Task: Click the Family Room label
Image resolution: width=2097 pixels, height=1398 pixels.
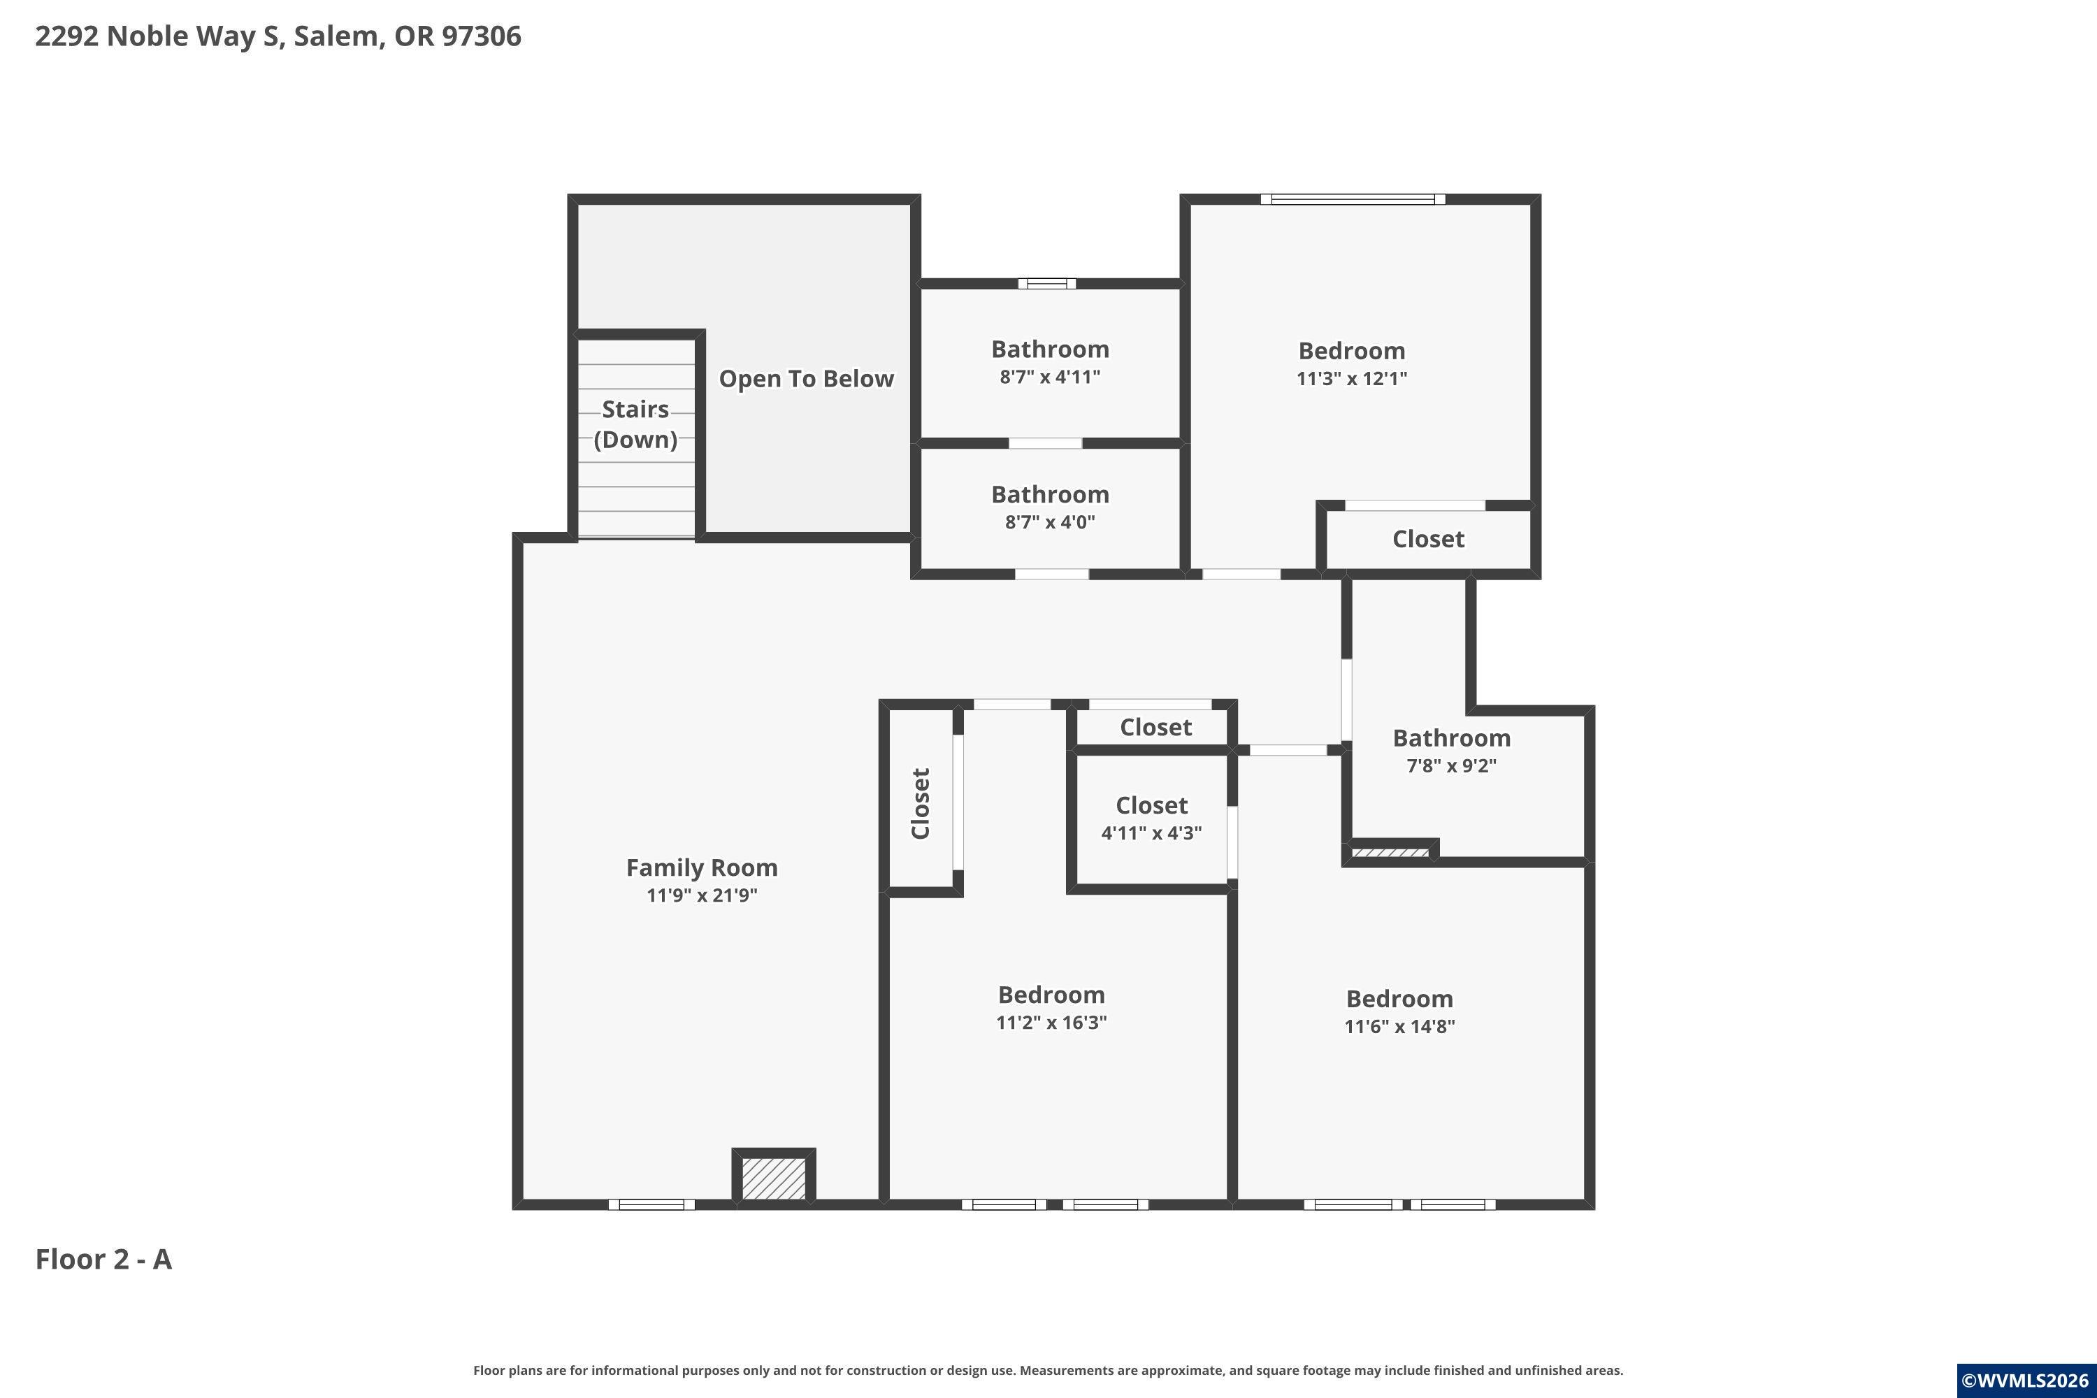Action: tap(702, 867)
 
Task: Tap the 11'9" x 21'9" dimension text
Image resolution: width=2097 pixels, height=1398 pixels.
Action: tap(702, 895)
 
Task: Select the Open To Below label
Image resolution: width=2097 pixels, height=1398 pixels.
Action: tap(806, 379)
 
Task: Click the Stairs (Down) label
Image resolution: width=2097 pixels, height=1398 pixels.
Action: tap(635, 424)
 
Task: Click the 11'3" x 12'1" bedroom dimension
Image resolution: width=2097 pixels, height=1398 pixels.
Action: tap(1352, 378)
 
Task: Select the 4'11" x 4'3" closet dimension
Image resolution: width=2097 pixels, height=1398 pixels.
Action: tap(1151, 833)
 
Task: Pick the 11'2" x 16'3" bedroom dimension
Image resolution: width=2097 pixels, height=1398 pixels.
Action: tap(1051, 1023)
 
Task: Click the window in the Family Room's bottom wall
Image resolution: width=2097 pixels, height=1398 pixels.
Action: tap(651, 1204)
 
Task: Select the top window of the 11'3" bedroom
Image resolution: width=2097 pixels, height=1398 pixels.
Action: tap(1353, 199)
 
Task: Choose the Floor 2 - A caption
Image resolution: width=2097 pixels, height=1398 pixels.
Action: tap(103, 1259)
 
